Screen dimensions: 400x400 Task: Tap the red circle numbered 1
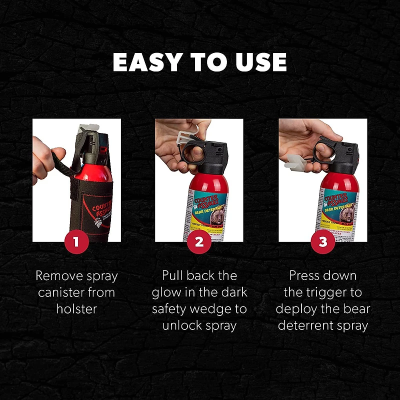tap(76, 242)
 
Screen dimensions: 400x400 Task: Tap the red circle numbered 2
tap(199, 242)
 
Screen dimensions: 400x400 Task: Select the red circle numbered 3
tap(322, 242)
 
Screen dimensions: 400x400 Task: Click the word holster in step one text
tap(76, 308)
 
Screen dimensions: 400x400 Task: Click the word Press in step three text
tap(303, 275)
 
